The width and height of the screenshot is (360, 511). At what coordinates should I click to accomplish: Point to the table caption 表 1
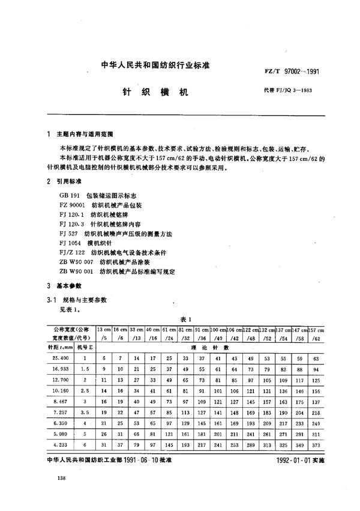185,319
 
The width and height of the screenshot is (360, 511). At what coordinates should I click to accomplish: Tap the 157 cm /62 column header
316,334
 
